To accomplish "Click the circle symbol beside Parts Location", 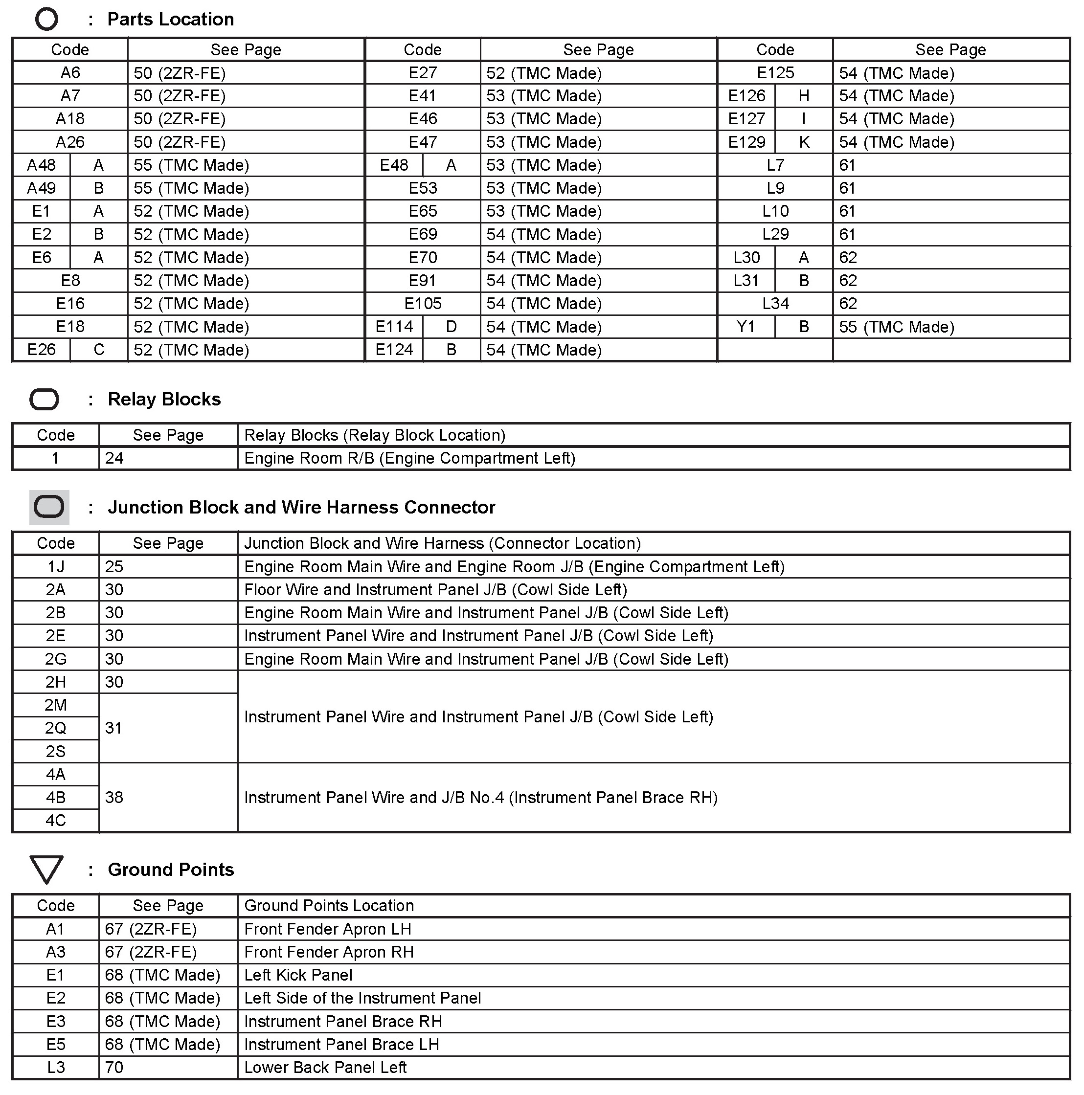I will [46, 19].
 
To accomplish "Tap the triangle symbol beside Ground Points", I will [46, 869].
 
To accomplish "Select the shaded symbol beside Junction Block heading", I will [49, 507].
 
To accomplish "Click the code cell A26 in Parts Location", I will [70, 142].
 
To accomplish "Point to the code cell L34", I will [775, 303].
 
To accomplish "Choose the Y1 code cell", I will [745, 327].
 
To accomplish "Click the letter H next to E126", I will [803, 96].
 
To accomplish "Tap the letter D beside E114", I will [452, 327].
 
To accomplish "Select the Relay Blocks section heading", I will [164, 399].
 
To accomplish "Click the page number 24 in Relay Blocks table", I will [114, 458].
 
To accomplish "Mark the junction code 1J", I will [56, 566].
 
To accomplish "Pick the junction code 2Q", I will [56, 728].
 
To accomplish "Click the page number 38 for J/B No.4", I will [114, 797].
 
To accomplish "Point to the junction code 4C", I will [56, 820].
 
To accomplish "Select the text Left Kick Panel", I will [298, 975].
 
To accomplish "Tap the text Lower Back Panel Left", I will [325, 1067].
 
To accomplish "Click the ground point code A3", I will [56, 952].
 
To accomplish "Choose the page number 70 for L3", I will [114, 1067].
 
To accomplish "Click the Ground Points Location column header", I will [329, 905].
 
